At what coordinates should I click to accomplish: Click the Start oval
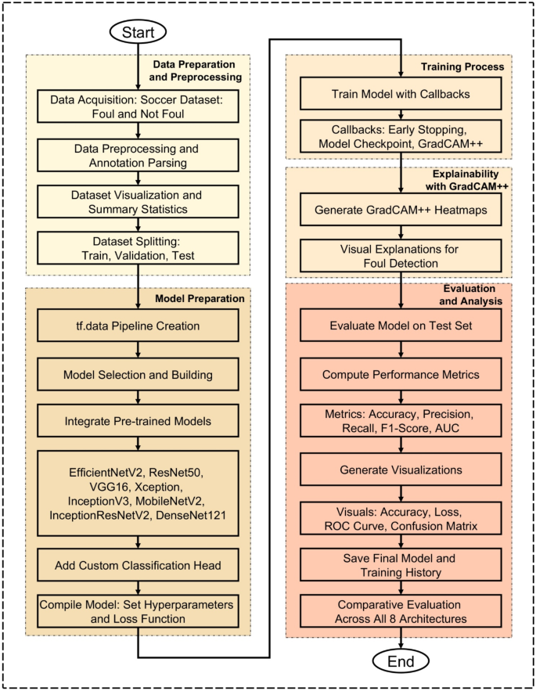click(138, 32)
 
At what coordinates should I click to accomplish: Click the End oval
click(401, 661)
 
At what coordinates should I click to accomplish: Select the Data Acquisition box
click(138, 106)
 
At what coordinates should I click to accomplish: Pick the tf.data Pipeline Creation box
click(138, 326)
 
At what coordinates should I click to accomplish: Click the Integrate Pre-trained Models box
click(138, 423)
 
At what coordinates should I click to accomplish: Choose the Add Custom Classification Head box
click(138, 564)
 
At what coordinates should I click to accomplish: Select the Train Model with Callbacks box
click(401, 94)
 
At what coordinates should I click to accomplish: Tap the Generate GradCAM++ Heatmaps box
click(401, 209)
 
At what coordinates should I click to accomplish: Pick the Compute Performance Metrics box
click(401, 375)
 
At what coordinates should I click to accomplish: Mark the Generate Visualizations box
click(401, 471)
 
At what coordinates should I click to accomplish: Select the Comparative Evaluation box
click(401, 612)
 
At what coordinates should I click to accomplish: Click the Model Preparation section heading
click(200, 298)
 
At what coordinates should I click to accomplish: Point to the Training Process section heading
click(462, 67)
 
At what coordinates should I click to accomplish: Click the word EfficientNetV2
click(102, 473)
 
